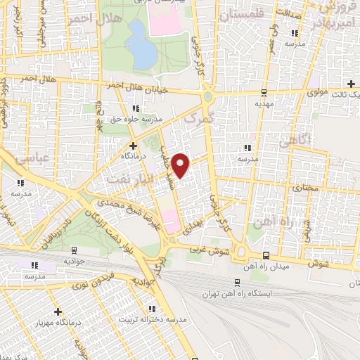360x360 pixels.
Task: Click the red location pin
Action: (181, 165)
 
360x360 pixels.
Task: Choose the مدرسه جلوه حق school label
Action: (134, 119)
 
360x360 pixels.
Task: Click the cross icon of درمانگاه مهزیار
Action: (57, 311)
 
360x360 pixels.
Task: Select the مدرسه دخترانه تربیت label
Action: (162, 319)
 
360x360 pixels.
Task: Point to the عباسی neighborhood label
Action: (31, 159)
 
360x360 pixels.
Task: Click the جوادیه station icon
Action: (74, 249)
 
